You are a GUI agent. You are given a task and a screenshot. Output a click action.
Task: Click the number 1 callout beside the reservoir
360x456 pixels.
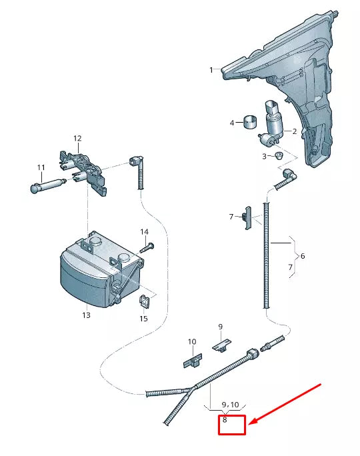pyautogui.click(x=211, y=69)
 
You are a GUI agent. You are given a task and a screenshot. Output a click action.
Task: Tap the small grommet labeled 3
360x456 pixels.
pyautogui.click(x=279, y=156)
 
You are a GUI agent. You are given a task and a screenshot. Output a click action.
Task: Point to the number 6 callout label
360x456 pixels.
pyautogui.click(x=302, y=256)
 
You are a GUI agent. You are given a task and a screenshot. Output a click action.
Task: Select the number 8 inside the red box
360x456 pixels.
pyautogui.click(x=225, y=420)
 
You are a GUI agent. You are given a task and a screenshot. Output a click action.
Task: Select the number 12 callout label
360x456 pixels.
pyautogui.click(x=77, y=139)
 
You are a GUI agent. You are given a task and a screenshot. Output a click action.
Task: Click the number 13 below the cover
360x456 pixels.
pyautogui.click(x=86, y=315)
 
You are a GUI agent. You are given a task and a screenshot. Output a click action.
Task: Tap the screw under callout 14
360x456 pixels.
pyautogui.click(x=147, y=247)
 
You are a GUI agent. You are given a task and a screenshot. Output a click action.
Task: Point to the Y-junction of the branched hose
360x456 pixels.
pyautogui.click(x=194, y=389)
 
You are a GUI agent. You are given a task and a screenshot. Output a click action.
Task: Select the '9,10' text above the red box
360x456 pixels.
pyautogui.click(x=229, y=405)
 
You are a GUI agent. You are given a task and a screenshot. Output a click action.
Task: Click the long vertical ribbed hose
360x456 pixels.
pyautogui.click(x=267, y=253)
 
